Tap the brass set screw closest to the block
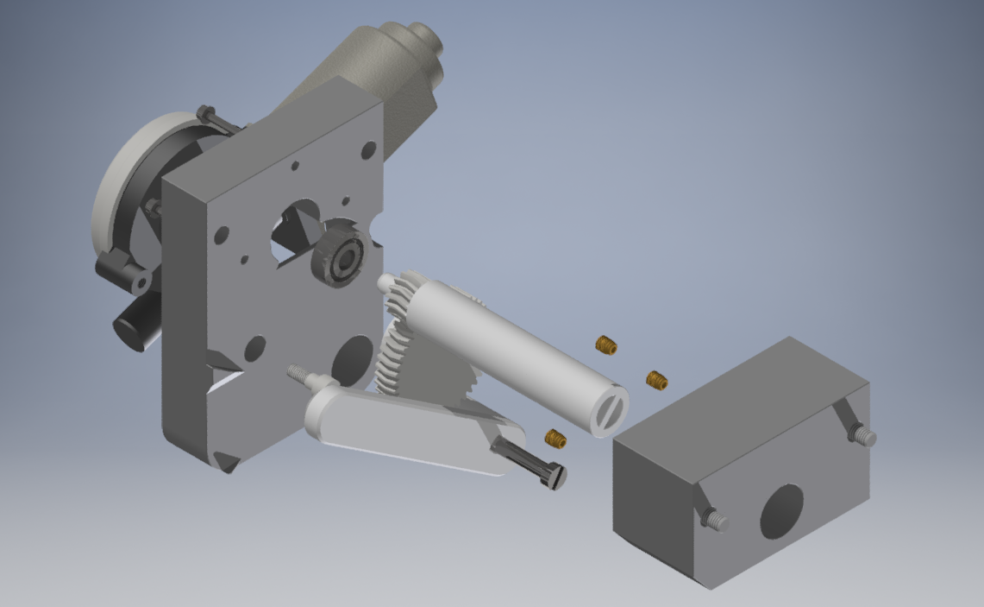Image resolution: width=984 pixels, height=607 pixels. pos(657,379)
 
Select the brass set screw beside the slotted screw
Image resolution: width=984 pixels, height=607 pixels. pos(555,439)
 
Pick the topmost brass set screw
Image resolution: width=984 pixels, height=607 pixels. pos(606,345)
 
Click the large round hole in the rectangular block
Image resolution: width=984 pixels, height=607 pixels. pos(781,511)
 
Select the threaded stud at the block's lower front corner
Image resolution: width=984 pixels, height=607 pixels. pos(715,520)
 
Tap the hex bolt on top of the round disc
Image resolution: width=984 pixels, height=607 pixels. pos(207,115)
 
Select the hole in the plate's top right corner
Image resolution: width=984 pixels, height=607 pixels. pos(367,149)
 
